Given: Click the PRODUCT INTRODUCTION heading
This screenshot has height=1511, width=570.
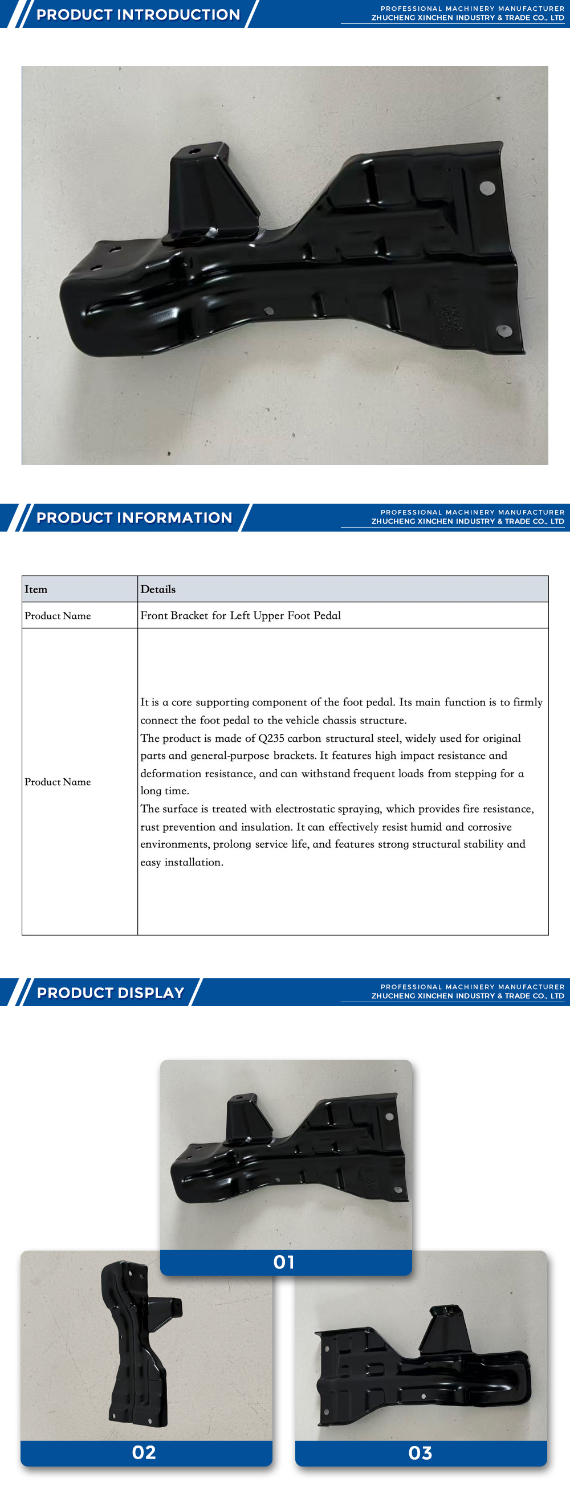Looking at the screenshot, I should click(138, 15).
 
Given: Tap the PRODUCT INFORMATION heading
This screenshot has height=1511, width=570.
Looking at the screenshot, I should click(134, 517).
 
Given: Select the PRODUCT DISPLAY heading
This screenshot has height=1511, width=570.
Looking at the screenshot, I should click(111, 993).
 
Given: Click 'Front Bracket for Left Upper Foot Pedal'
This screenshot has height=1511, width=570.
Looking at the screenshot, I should click(240, 615).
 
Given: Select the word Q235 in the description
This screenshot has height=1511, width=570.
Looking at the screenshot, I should click(271, 738).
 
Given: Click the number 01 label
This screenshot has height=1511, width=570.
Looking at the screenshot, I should click(284, 1261).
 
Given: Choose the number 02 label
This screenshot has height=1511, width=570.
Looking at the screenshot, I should click(144, 1452).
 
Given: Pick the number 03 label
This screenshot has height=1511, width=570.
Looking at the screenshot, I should click(420, 1452).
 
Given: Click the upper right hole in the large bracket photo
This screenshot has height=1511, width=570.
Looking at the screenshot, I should click(487, 187).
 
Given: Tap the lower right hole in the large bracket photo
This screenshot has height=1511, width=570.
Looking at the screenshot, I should click(504, 331).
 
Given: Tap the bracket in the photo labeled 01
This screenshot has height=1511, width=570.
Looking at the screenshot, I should click(288, 1150).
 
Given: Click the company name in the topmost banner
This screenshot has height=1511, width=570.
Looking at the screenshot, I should click(467, 18).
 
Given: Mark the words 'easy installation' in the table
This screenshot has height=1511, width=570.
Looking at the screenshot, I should click(181, 862).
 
